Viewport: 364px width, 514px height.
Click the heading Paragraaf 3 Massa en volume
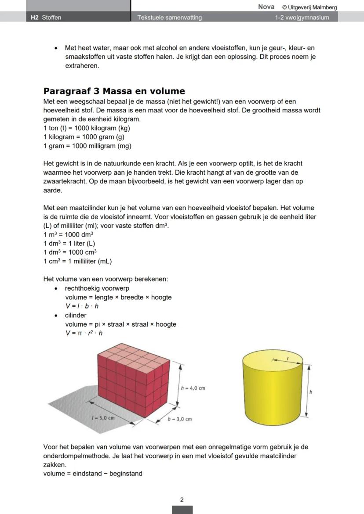click(114, 91)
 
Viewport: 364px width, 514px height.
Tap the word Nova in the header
click(266, 7)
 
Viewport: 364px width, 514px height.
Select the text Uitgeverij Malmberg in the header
click(313, 7)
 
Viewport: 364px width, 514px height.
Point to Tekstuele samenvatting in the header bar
click(169, 18)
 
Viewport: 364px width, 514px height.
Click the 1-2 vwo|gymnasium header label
click(302, 18)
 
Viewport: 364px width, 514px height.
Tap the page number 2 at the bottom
click(182, 500)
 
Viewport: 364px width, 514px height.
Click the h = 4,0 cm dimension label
click(193, 388)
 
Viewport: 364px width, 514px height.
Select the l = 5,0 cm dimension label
click(103, 418)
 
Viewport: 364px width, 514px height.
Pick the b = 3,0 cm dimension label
click(180, 419)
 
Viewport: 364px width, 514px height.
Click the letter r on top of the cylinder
click(288, 359)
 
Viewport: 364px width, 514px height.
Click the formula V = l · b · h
click(82, 306)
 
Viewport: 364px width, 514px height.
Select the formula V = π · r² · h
click(84, 333)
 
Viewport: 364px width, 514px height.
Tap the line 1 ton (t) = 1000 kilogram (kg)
click(87, 128)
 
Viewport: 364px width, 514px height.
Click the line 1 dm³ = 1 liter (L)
click(69, 244)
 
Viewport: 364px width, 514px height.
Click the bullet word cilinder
click(76, 315)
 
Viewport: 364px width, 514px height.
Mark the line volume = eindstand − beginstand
click(93, 474)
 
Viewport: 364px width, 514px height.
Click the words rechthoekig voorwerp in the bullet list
click(97, 288)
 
